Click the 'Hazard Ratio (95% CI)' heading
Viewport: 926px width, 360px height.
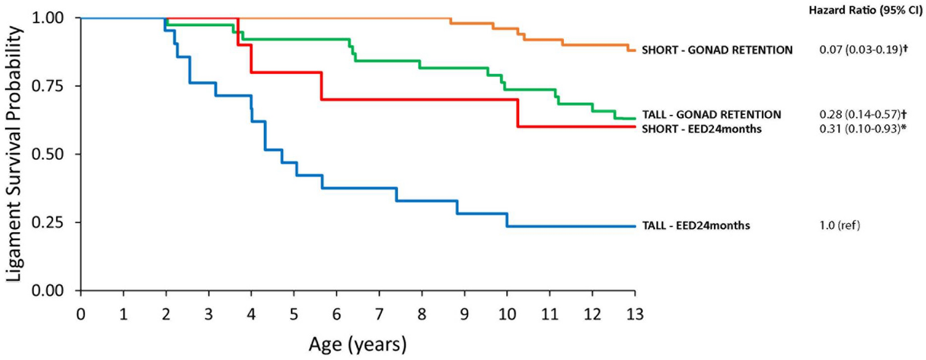click(x=865, y=11)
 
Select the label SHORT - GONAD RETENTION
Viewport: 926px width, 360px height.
click(x=717, y=50)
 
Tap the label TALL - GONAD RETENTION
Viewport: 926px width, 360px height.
click(x=711, y=114)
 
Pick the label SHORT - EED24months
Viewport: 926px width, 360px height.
click(x=702, y=129)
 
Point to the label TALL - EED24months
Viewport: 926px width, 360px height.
click(x=695, y=225)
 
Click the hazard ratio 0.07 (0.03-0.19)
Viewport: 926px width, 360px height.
click(x=863, y=50)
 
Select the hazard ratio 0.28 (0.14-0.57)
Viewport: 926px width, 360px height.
click(x=863, y=114)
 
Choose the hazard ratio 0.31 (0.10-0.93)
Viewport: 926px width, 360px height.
click(x=863, y=129)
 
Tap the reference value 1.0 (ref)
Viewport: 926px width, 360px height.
click(x=839, y=225)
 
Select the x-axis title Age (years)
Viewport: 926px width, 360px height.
click(x=357, y=344)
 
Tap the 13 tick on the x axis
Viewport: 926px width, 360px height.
click(x=635, y=315)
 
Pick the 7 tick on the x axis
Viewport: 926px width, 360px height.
click(x=379, y=315)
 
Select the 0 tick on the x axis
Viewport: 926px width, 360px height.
click(x=81, y=315)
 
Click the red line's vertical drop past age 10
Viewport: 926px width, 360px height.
click(x=518, y=113)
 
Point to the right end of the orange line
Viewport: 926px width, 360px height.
click(x=634, y=50)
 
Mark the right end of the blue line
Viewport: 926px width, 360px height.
click(x=634, y=226)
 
